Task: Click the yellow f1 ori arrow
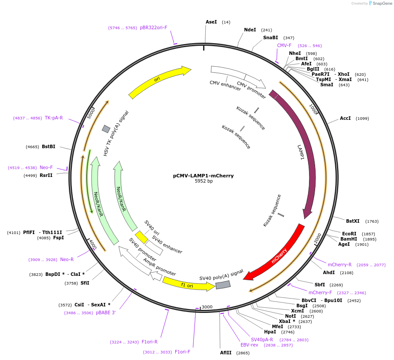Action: [x=187, y=284]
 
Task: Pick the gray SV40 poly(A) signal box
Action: [x=223, y=285]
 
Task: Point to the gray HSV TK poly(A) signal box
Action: [x=106, y=129]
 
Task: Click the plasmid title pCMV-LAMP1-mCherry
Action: [x=203, y=176]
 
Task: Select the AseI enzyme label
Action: [x=211, y=22]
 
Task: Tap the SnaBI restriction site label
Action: [x=270, y=38]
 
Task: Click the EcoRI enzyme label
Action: [x=349, y=234]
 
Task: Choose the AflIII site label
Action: [x=226, y=353]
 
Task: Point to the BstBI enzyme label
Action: [x=48, y=146]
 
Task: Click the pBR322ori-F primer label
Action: [x=153, y=27]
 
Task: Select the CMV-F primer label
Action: [x=284, y=45]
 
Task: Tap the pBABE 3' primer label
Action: [x=106, y=312]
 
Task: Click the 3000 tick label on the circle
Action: [x=207, y=307]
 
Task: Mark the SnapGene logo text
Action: [x=382, y=3]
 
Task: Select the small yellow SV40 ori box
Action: [x=141, y=237]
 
